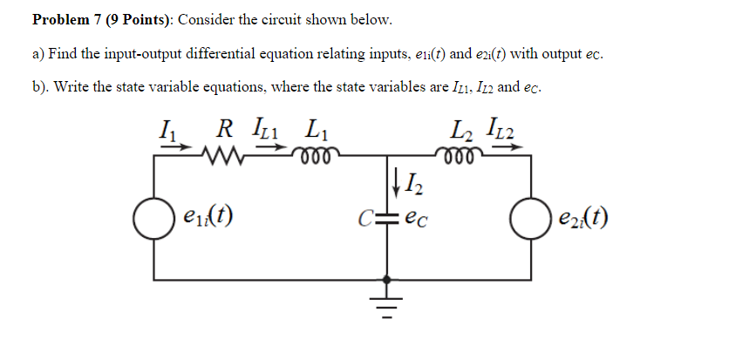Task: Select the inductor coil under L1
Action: tap(310, 157)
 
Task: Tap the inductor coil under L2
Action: tap(461, 157)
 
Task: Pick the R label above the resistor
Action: tap(225, 132)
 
